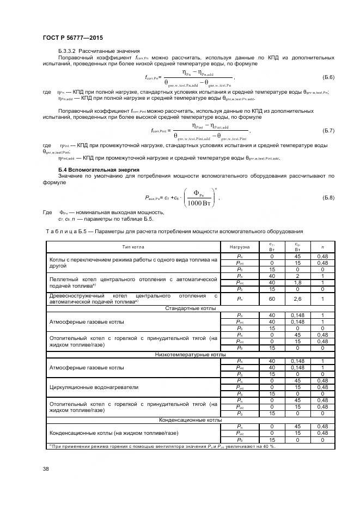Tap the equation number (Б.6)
pos(328,77)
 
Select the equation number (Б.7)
pos(328,131)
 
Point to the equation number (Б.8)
pos(328,197)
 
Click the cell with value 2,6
pos(297,299)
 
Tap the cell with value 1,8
pos(297,282)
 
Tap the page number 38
pos(46,469)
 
